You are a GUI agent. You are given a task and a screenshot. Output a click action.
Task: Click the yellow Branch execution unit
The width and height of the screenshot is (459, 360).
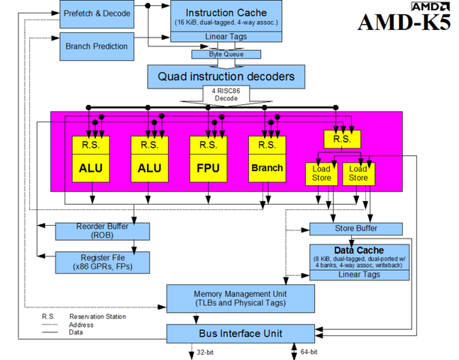[268, 168]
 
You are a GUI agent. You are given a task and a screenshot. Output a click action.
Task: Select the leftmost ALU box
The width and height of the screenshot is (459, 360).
[90, 168]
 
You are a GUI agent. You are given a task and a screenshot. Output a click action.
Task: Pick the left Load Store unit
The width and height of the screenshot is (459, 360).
[320, 174]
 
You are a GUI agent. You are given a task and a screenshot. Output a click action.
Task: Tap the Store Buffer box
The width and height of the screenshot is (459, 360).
[355, 229]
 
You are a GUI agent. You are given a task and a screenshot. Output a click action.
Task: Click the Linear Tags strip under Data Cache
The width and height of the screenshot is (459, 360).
[359, 275]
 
